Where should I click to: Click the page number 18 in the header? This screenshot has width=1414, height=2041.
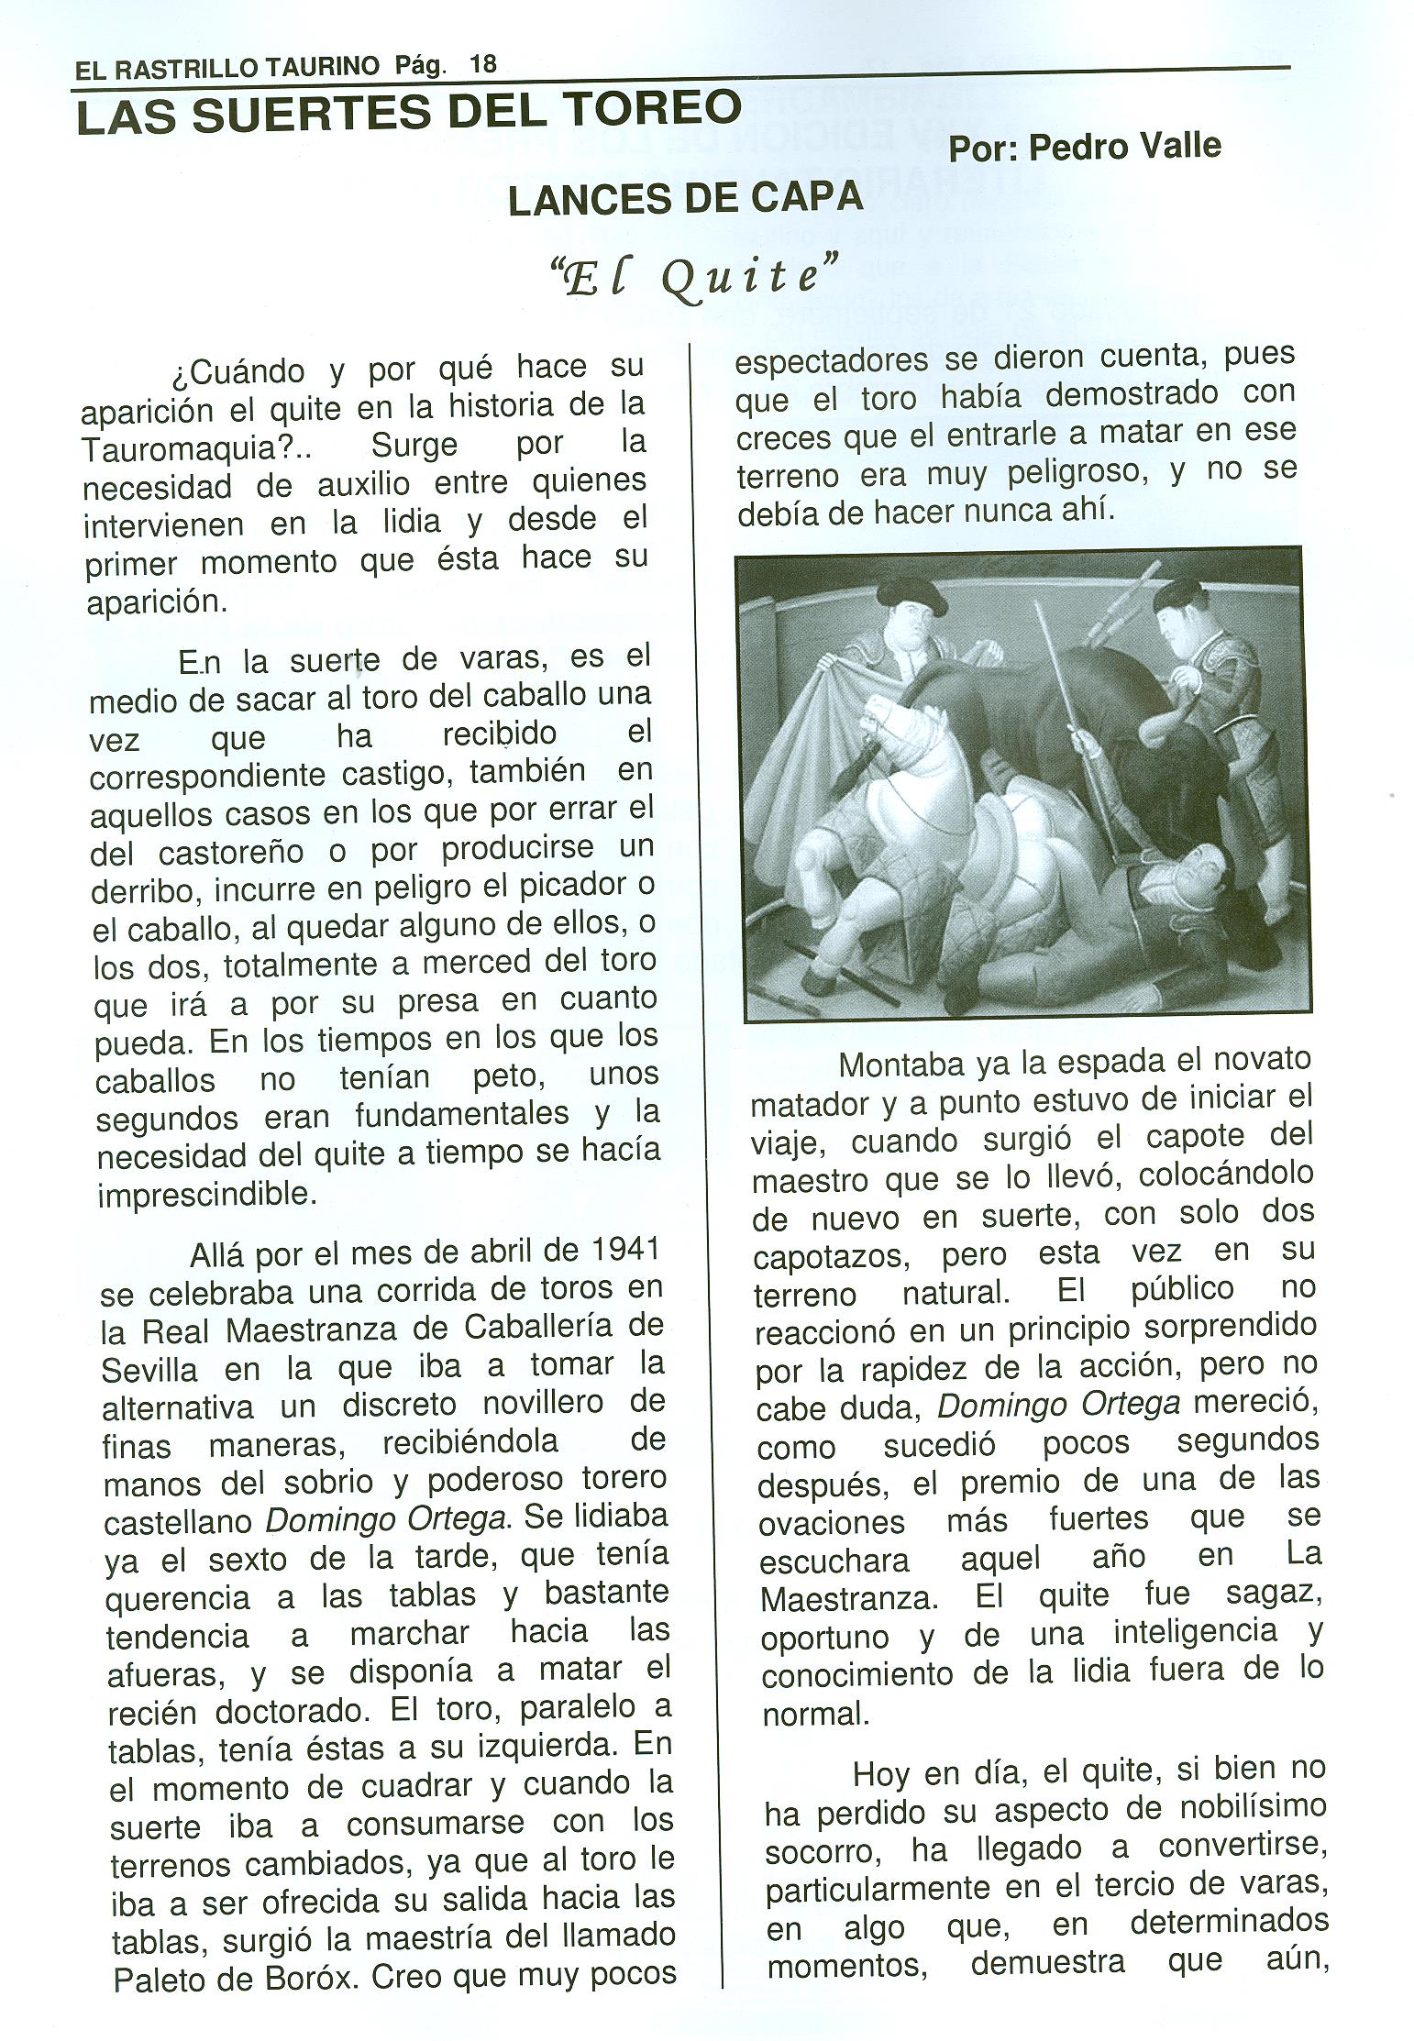click(482, 65)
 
